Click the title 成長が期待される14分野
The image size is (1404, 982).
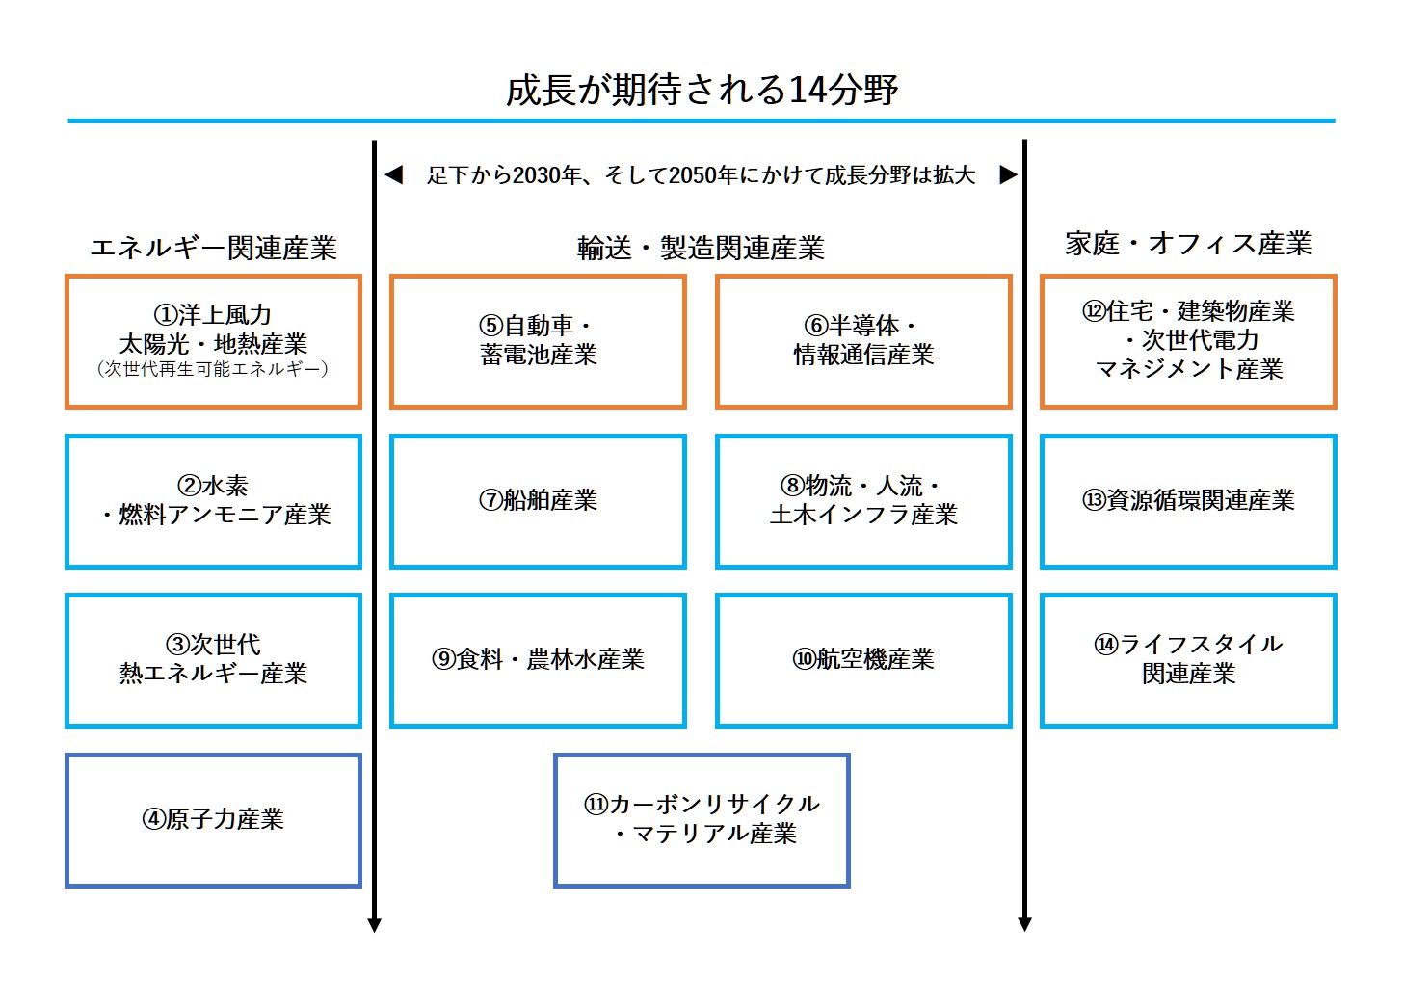[x=702, y=90]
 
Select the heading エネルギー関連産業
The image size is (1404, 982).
[x=214, y=248]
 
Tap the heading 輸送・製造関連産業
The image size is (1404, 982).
[x=701, y=248]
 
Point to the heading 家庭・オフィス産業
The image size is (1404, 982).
[x=1188, y=243]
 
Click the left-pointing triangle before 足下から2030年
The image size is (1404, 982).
[x=394, y=174]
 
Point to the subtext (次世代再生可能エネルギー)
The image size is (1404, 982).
[x=213, y=369]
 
